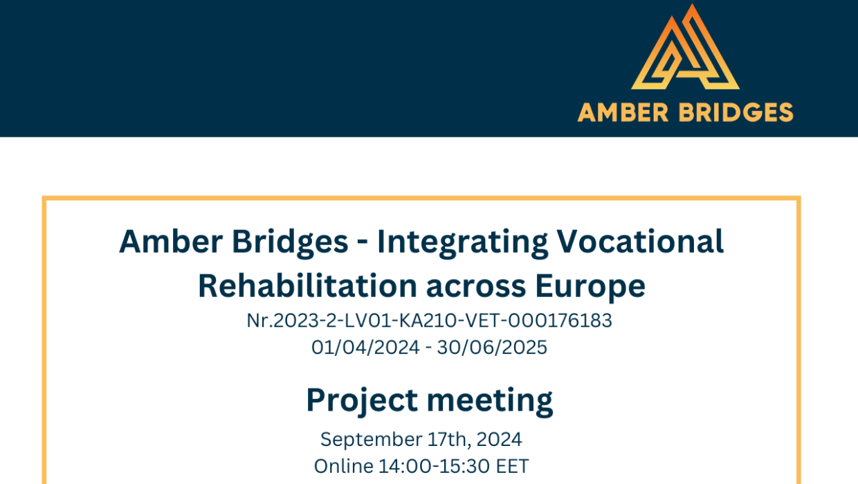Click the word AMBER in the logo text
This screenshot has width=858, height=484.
(x=623, y=112)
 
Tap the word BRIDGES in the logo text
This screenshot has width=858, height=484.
(x=736, y=112)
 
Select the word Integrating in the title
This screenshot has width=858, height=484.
(x=462, y=243)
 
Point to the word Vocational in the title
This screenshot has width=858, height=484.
(x=640, y=242)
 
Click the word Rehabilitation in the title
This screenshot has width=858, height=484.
(x=308, y=285)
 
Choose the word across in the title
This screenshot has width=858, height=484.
(x=476, y=288)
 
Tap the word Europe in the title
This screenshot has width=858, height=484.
(x=590, y=287)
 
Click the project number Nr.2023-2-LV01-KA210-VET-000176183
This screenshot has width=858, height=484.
(x=429, y=321)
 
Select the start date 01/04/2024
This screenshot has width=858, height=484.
(x=365, y=348)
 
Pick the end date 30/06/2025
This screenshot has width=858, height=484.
(x=492, y=348)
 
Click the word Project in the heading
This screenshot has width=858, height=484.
(x=362, y=401)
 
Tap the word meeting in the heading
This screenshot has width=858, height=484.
(x=489, y=401)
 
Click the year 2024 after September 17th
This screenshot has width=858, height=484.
(x=499, y=439)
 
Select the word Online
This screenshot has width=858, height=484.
(x=344, y=467)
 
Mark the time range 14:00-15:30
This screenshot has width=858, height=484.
(x=434, y=467)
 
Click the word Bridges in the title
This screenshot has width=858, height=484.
(x=290, y=243)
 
